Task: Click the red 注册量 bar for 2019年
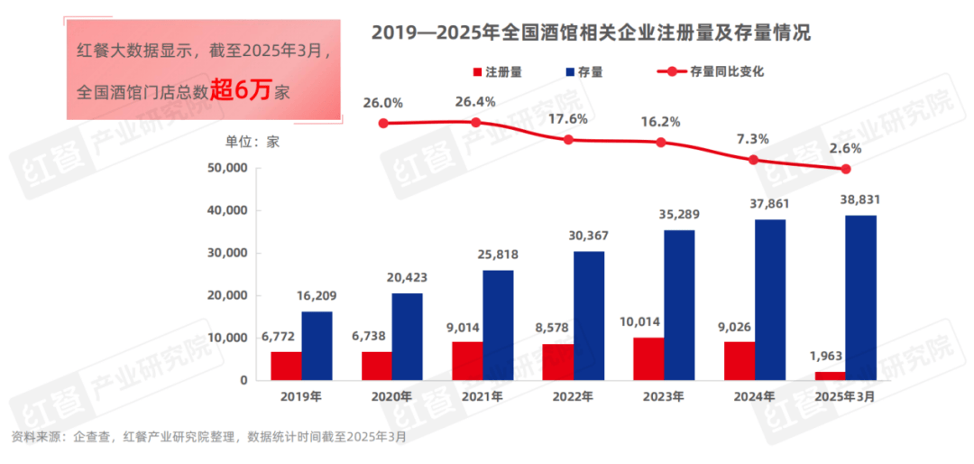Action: pyautogui.click(x=286, y=366)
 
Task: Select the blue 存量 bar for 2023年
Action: pyautogui.click(x=679, y=305)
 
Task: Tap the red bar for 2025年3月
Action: pyautogui.click(x=830, y=376)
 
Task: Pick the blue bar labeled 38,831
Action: pyautogui.click(x=860, y=298)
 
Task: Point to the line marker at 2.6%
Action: pyautogui.click(x=846, y=169)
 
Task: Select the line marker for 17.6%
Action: pyautogui.click(x=567, y=140)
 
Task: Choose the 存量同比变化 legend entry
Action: pyautogui.click(x=712, y=71)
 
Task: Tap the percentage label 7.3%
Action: pyautogui.click(x=752, y=138)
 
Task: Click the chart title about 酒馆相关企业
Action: pyautogui.click(x=591, y=33)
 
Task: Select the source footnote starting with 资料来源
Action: pyautogui.click(x=208, y=437)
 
